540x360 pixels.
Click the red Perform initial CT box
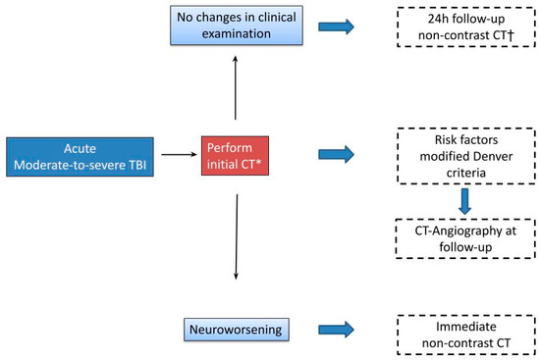[x=235, y=156]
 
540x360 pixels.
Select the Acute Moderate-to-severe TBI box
[x=80, y=157]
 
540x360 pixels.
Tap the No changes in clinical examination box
[x=237, y=26]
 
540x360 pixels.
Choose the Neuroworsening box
[x=237, y=330]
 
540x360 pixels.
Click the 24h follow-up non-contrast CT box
[x=466, y=26]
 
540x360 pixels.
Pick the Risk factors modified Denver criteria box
[x=466, y=156]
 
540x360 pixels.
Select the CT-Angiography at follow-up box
[x=465, y=238]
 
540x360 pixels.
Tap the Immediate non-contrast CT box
[x=466, y=334]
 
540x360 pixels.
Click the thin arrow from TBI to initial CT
[x=179, y=155]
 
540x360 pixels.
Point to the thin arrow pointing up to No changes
[x=236, y=87]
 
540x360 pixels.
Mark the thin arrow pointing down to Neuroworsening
[x=237, y=236]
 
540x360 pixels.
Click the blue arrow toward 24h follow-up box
[x=336, y=26]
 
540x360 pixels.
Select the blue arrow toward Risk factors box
[x=336, y=154]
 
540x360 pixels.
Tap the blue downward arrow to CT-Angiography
[x=465, y=201]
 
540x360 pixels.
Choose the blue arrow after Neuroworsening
[x=336, y=330]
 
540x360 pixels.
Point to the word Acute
[x=80, y=149]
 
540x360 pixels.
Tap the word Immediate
[x=466, y=327]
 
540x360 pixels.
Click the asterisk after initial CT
[x=258, y=162]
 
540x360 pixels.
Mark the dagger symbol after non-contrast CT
[x=511, y=35]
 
